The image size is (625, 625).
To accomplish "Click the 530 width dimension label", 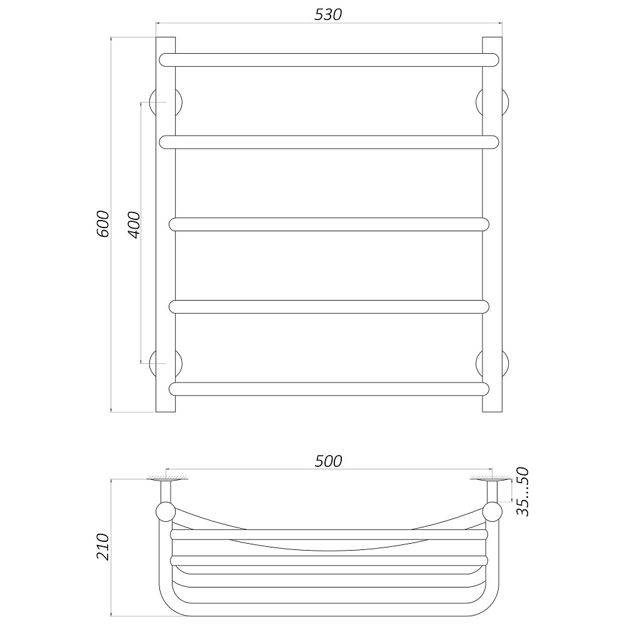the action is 328,15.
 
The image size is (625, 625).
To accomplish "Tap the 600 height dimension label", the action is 103,224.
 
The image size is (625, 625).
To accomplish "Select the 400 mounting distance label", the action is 135,225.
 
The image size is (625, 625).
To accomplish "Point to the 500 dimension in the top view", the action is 328,461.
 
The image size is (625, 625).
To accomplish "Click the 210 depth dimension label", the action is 103,546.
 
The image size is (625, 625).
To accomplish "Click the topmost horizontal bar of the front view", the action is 329,60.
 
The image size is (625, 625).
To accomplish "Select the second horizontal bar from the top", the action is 329,142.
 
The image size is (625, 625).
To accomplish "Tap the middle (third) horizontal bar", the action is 329,224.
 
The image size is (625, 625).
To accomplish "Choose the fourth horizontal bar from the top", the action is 329,306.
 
